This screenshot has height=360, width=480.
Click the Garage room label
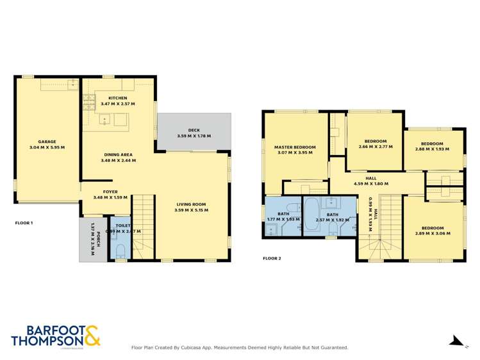(47, 142)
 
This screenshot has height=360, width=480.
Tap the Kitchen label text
(117, 98)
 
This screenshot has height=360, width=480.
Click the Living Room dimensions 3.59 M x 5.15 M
(192, 211)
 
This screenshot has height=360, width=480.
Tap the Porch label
(92, 238)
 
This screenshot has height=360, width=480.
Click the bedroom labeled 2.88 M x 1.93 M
(432, 143)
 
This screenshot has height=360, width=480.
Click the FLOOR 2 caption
(272, 259)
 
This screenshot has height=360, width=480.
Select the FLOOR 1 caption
(24, 223)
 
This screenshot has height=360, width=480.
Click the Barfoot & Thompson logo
(55, 336)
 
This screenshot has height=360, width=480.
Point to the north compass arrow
(456, 341)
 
